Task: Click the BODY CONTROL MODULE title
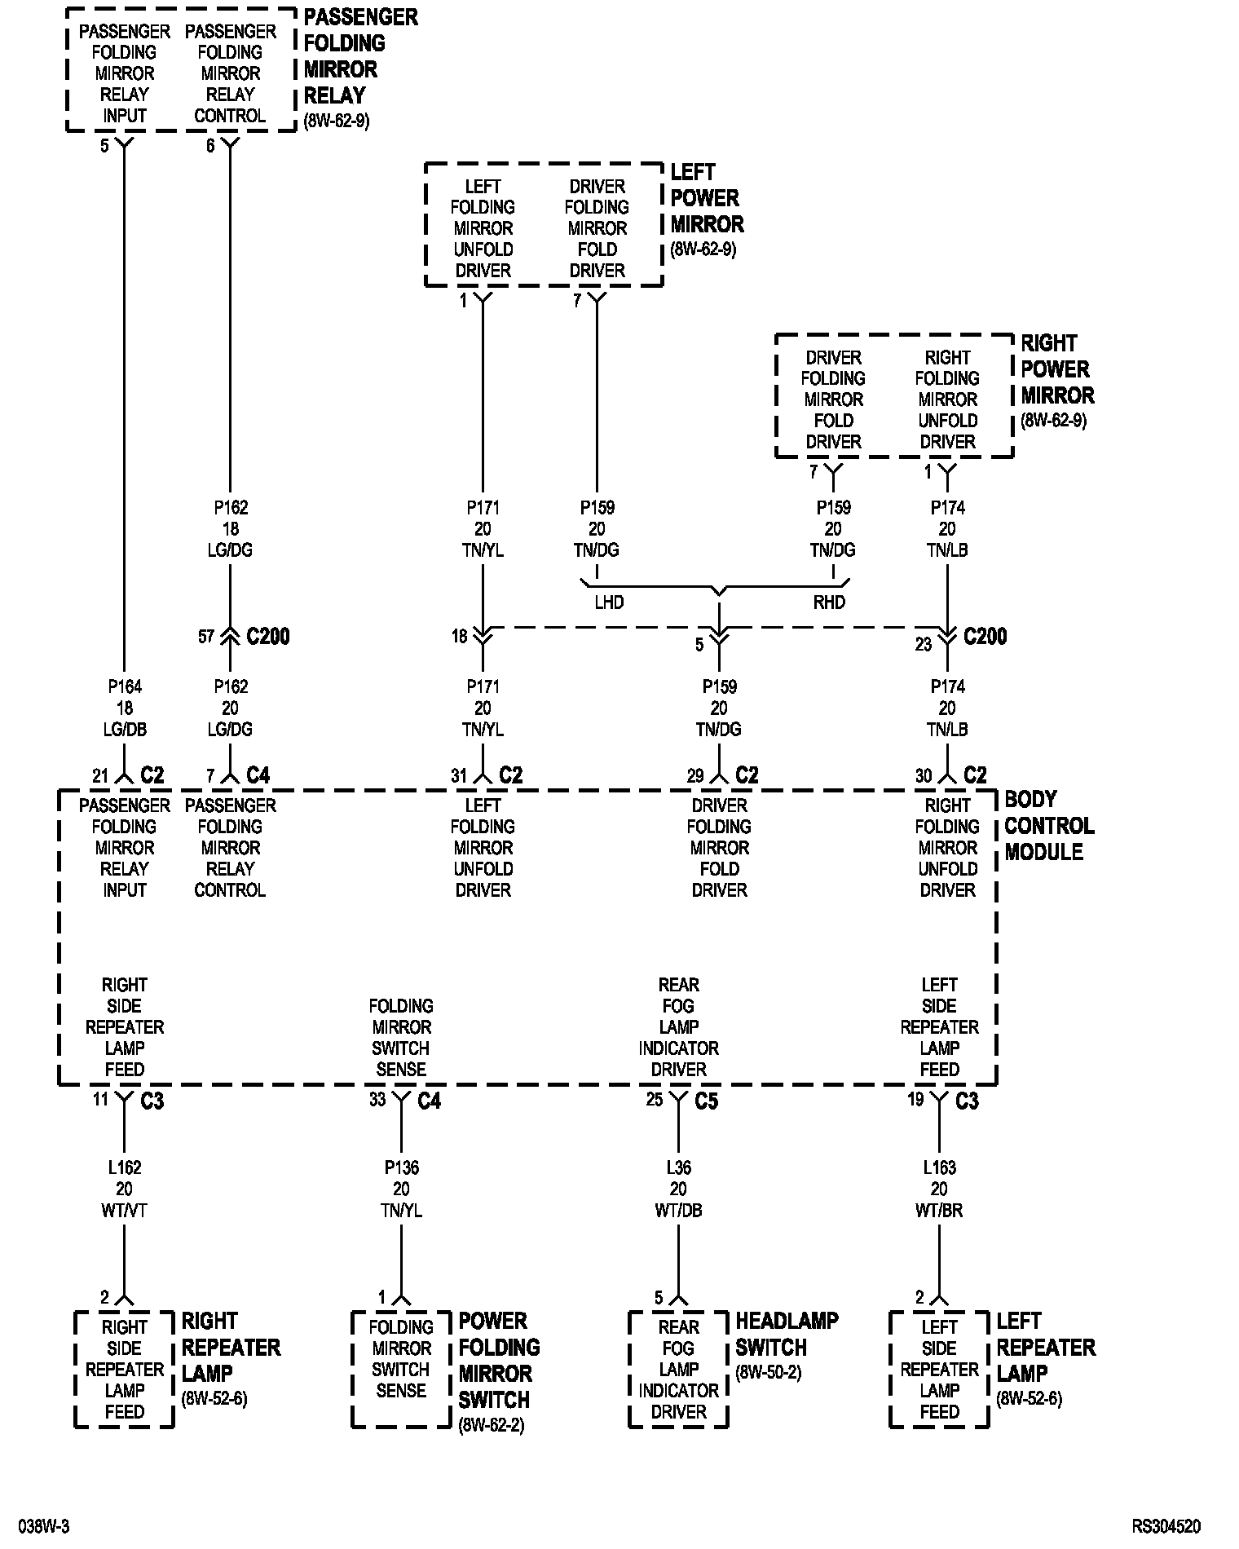(x=1048, y=825)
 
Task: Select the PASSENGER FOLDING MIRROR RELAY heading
(x=359, y=55)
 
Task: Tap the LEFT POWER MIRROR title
(x=706, y=198)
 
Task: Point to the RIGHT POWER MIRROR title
(x=1056, y=369)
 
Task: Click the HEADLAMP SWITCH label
(x=786, y=1334)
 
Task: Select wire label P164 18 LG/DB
(x=125, y=708)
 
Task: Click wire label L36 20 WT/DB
(x=678, y=1189)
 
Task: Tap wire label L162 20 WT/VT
(x=125, y=1189)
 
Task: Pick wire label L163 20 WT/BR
(x=939, y=1189)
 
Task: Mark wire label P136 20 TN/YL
(x=401, y=1189)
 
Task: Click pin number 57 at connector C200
(x=206, y=636)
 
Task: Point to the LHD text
(x=609, y=602)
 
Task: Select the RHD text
(x=829, y=602)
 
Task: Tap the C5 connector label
(x=706, y=1101)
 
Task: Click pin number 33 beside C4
(x=377, y=1100)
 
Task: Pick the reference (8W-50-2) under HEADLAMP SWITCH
(x=768, y=1372)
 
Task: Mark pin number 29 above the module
(x=694, y=776)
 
